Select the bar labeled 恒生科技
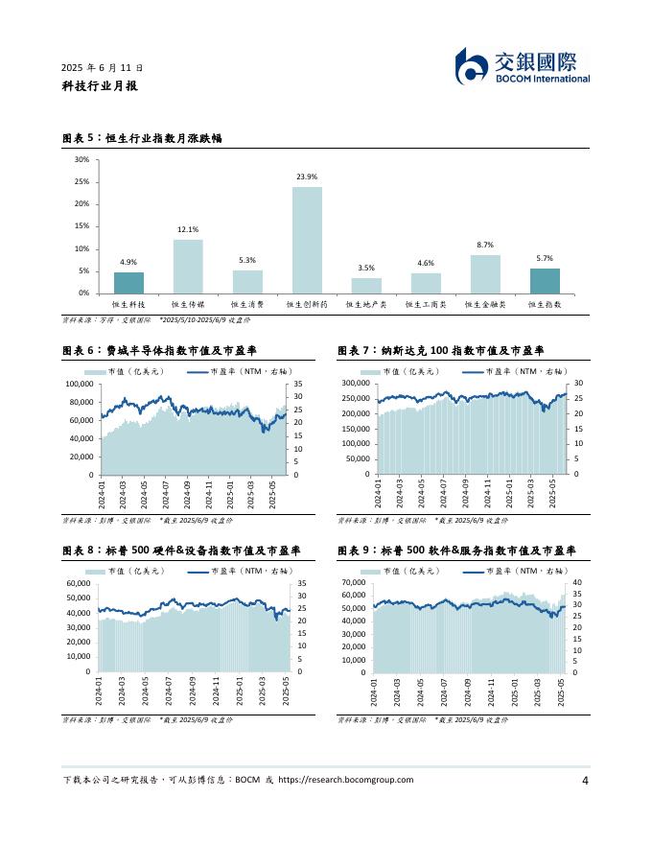128,283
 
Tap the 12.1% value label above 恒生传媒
188,230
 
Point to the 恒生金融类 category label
485,304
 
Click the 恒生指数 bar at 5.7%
545,281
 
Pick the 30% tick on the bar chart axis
81,159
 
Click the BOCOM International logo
523,66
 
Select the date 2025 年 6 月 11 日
103,68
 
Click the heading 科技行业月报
100,85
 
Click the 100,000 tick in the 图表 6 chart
79,384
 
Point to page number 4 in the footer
585,780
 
